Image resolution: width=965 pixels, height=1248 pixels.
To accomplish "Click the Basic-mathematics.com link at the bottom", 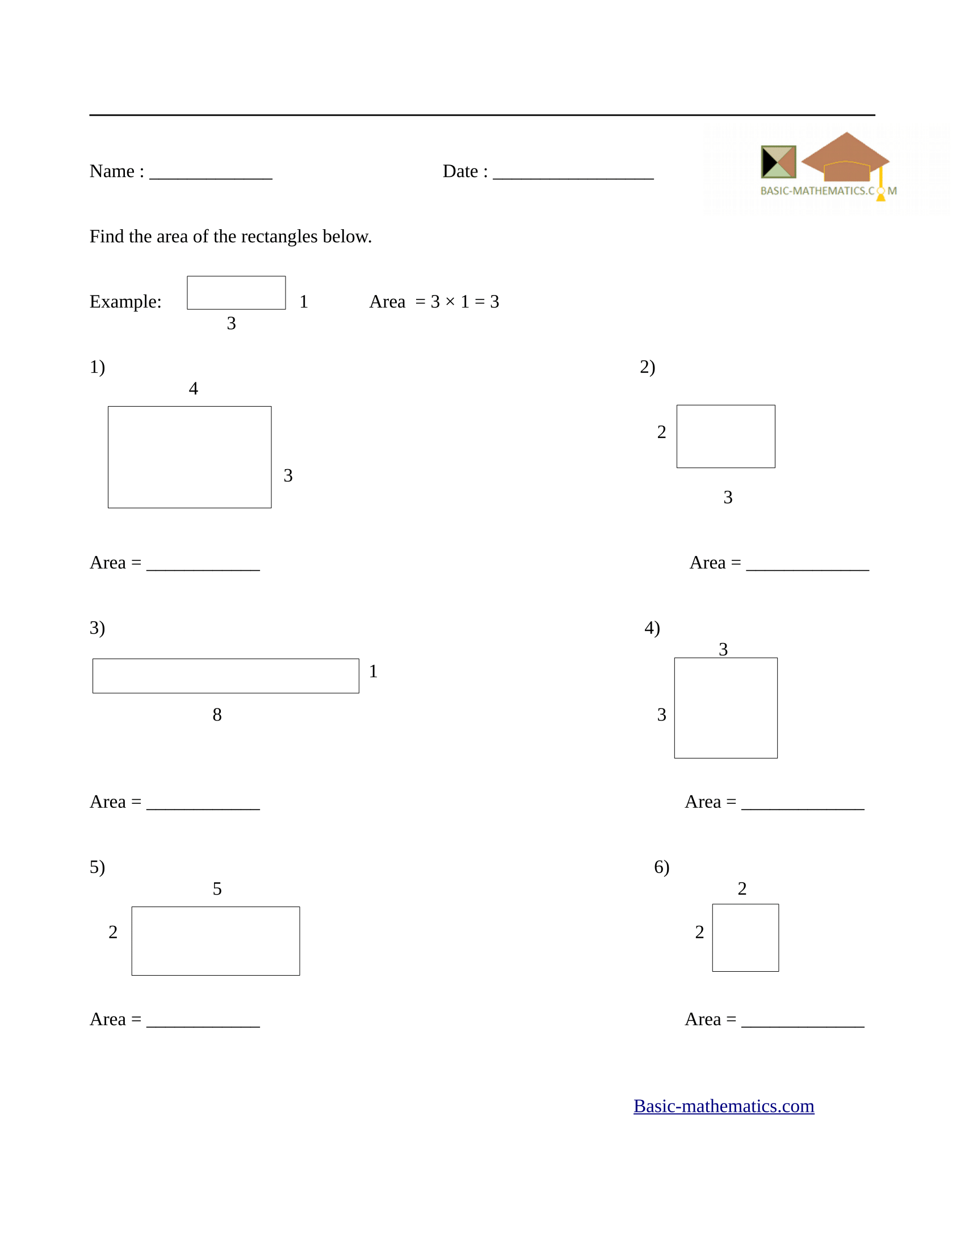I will click(x=723, y=1106).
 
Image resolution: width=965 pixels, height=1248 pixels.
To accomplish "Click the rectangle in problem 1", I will click(x=189, y=457).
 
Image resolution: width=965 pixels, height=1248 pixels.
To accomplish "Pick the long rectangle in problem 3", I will click(x=225, y=676).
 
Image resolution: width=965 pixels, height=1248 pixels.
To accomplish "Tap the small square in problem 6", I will click(x=745, y=937).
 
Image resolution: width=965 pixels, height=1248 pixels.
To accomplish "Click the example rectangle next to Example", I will click(x=236, y=293).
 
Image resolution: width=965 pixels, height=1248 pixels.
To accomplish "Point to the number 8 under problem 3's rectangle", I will click(x=217, y=714).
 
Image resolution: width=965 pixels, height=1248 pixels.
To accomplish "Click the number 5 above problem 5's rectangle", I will click(x=217, y=888).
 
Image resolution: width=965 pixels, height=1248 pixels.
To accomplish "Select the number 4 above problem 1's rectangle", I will click(x=193, y=389).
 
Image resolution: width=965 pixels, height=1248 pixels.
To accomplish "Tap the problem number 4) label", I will click(x=652, y=627).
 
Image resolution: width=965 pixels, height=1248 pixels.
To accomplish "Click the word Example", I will click(x=125, y=301).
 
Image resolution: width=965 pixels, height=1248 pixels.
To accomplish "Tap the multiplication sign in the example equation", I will click(x=450, y=301).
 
